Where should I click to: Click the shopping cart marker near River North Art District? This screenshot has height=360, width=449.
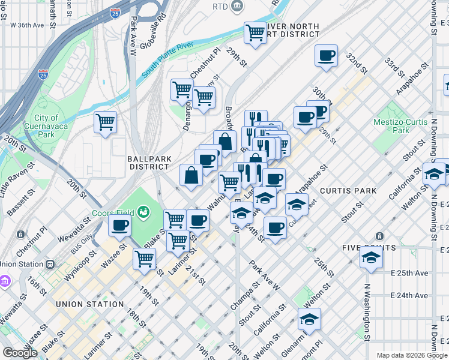(x=256, y=32)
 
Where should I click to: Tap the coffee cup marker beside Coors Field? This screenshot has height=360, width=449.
(x=119, y=225)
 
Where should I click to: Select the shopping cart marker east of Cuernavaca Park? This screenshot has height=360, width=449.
(x=106, y=122)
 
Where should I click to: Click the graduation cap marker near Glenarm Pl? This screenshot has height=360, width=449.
(x=309, y=319)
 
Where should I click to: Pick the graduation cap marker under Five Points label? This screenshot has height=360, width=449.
(x=371, y=259)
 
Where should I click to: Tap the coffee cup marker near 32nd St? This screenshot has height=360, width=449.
(x=327, y=56)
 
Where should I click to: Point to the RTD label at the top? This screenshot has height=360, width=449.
(x=220, y=6)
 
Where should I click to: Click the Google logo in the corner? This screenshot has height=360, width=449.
(x=20, y=353)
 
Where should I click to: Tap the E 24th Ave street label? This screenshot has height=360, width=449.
(x=409, y=296)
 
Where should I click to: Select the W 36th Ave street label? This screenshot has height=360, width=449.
(x=27, y=25)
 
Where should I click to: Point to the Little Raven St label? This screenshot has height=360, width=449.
(x=13, y=184)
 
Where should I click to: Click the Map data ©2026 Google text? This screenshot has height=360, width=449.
(x=411, y=355)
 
